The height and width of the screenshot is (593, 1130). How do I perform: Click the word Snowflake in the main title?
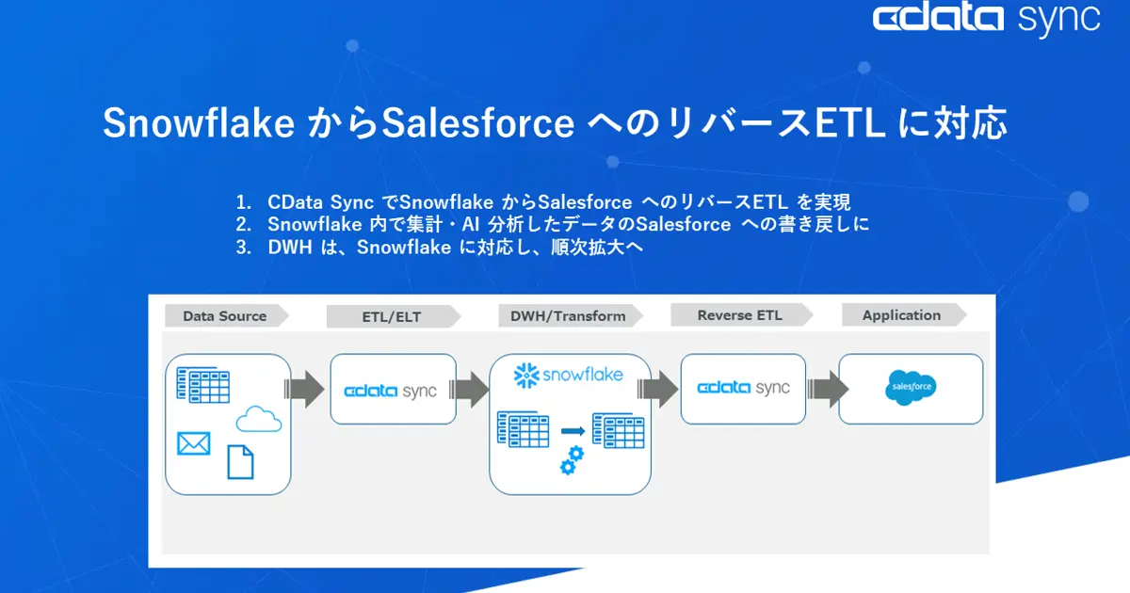[x=198, y=124]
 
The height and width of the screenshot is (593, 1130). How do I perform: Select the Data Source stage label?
[x=224, y=316]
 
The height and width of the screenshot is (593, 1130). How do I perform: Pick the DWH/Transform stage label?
[x=567, y=316]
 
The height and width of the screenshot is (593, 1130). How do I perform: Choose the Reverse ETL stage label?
[x=739, y=315]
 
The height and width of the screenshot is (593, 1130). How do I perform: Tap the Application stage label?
[x=901, y=315]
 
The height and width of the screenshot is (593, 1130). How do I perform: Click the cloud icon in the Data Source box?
[x=259, y=419]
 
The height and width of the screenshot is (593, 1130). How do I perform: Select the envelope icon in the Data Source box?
[x=193, y=442]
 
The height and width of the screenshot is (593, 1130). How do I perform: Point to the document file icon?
[x=240, y=461]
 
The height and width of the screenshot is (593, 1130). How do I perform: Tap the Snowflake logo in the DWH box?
[x=569, y=376]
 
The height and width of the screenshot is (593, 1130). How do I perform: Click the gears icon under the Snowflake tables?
[x=572, y=460]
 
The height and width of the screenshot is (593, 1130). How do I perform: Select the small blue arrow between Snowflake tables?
[x=573, y=431]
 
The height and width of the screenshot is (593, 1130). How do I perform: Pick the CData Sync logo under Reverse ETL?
[x=743, y=388]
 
